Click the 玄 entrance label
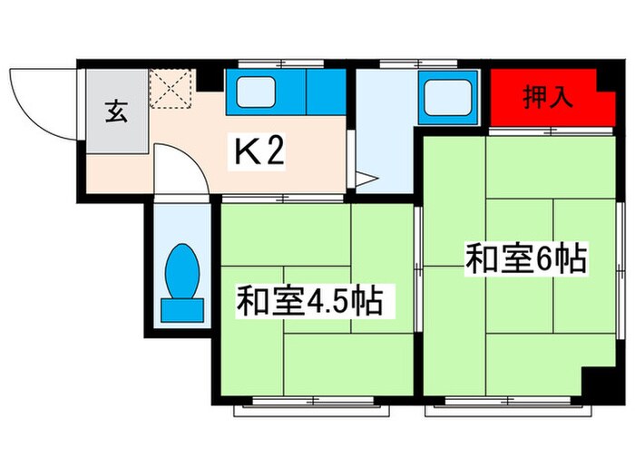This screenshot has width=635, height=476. pyautogui.click(x=116, y=113)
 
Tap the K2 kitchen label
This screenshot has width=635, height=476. pyautogui.click(x=261, y=151)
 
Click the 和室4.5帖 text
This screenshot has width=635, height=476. pyautogui.click(x=309, y=300)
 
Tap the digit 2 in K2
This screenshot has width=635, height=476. pyautogui.click(x=276, y=151)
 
